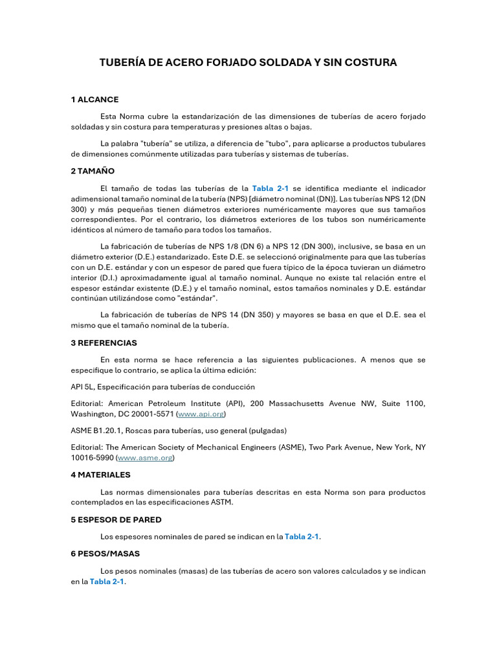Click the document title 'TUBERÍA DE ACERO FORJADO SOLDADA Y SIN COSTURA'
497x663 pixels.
coord(248,63)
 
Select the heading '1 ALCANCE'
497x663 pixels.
coord(94,99)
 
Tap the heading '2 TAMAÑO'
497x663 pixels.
coord(93,171)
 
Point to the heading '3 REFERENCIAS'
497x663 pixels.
coord(104,343)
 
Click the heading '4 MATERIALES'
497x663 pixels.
coord(100,475)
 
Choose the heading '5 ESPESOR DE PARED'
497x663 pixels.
coord(116,519)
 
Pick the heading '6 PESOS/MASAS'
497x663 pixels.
coord(105,554)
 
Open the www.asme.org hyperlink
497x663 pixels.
coord(146,458)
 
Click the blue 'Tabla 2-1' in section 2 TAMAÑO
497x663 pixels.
coord(270,188)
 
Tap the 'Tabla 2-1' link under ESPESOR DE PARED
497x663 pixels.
coord(302,537)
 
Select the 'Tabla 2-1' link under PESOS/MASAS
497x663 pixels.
coord(107,581)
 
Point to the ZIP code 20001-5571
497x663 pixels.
coord(151,414)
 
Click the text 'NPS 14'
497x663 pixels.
coord(226,315)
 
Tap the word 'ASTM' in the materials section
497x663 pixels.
coord(221,502)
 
